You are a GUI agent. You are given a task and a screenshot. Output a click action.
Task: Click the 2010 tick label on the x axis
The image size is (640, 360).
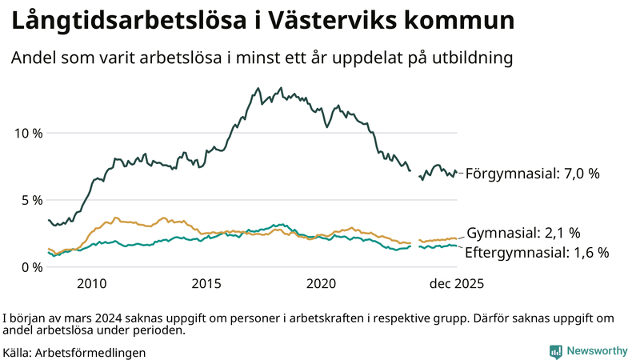pyautogui.click(x=92, y=284)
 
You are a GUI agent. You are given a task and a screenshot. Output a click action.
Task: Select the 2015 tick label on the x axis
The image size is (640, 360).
pyautogui.click(x=206, y=284)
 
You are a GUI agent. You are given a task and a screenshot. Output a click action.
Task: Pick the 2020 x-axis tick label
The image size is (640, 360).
pyautogui.click(x=322, y=284)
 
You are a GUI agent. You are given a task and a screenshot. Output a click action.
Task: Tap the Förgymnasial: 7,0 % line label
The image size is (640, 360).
pyautogui.click(x=532, y=173)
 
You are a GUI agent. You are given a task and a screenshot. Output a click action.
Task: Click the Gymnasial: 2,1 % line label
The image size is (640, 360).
pyautogui.click(x=523, y=233)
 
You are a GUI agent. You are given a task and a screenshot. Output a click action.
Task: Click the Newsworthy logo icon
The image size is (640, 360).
pyautogui.click(x=555, y=351)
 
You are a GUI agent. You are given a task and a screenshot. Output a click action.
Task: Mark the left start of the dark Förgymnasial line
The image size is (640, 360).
pyautogui.click(x=49, y=220)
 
